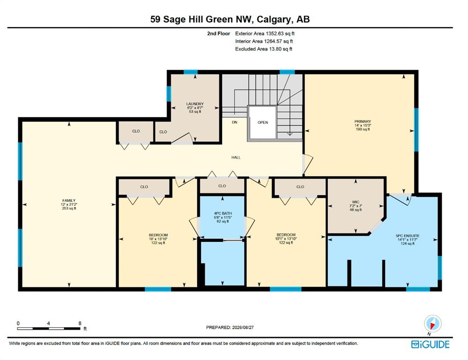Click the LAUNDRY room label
pos(195,104)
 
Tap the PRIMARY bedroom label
pos(363,121)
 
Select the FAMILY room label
pos(69,201)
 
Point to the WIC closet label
pos(356,202)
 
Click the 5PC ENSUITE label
pos(408,236)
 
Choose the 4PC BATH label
pos(223,213)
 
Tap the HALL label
pos(236,157)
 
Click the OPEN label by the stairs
pos(263,122)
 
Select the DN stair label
pos(235,122)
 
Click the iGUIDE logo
pos(430,344)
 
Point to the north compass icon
pos(432,324)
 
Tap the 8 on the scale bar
pos(80,323)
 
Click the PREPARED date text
pos(230,328)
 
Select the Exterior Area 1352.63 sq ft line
pos(265,34)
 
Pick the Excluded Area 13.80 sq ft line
pos(264,49)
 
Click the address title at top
pos(230,19)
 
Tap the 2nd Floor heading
pos(218,34)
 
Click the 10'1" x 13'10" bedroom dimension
pos(286,239)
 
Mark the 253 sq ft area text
pos(69,208)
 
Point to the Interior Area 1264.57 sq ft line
pos(264,41)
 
